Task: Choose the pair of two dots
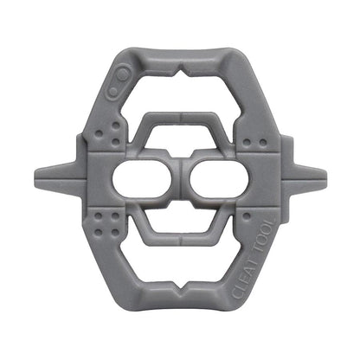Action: click(x=252, y=141)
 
